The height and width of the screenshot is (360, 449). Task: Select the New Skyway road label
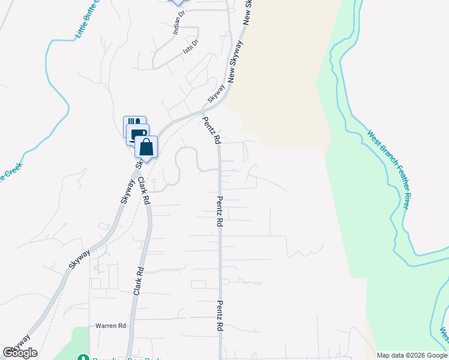tap(235, 61)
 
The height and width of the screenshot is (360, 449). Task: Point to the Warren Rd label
tap(110, 326)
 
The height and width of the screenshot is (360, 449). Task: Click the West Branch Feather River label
tap(388, 170)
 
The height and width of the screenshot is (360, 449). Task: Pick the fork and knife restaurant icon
tap(134, 124)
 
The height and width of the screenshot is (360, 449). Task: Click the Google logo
tap(20, 353)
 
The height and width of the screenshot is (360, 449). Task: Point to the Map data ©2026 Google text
tap(412, 355)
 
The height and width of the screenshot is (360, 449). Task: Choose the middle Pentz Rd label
tap(220, 212)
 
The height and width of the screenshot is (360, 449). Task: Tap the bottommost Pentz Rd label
tap(219, 316)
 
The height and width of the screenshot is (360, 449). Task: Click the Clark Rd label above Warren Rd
tap(138, 280)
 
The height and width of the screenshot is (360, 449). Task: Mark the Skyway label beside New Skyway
tap(216, 93)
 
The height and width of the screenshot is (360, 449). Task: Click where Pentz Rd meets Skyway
tap(203, 111)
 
